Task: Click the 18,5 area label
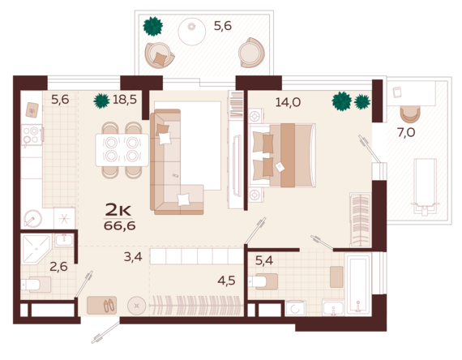125,100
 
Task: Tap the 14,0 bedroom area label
288,102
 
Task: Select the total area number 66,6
120,226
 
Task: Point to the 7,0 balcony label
406,133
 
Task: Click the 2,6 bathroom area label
58,267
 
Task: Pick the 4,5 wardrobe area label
226,281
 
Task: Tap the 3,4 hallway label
133,257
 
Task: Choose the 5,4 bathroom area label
264,260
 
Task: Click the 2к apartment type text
118,210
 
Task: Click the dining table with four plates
122,150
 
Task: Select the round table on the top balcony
192,32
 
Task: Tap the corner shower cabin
36,249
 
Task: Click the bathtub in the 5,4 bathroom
357,285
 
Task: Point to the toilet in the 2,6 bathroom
36,285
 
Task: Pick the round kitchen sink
32,218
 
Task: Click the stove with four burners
32,135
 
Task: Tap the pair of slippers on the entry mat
109,306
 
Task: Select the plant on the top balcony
153,27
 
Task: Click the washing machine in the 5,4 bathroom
295,308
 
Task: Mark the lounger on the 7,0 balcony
425,186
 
